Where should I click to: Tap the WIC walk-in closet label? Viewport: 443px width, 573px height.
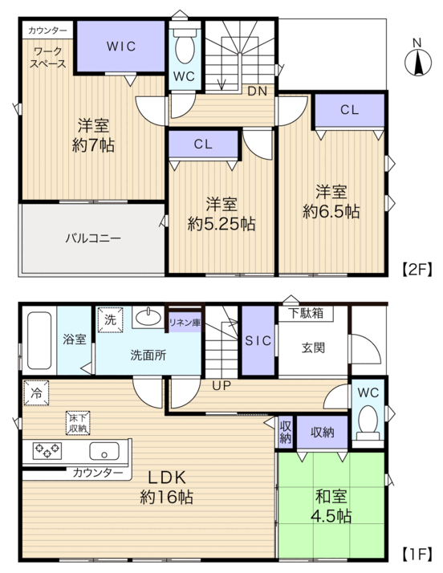point(121,47)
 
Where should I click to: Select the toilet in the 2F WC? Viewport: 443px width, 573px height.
point(185,46)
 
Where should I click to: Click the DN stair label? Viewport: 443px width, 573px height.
point(258,91)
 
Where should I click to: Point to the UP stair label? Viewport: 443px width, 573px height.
point(221,385)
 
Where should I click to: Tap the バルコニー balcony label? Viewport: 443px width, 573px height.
point(93,238)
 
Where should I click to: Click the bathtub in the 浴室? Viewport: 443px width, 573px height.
point(39,340)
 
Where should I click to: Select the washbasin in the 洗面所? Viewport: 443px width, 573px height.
point(148,318)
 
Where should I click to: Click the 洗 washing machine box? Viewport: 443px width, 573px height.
point(110,319)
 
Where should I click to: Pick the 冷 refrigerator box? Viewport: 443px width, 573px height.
point(36,393)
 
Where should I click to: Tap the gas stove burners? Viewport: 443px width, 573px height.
point(47,450)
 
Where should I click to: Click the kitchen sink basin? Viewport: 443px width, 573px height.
point(104,451)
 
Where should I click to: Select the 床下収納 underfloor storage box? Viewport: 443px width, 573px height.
point(78,423)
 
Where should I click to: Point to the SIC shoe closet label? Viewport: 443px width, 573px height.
point(258,341)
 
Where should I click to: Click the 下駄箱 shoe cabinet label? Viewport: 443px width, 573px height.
point(306,313)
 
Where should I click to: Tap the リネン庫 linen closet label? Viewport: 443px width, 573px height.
point(185,323)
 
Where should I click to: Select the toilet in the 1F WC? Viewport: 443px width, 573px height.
point(368,423)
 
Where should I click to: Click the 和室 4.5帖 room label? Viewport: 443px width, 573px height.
point(331,506)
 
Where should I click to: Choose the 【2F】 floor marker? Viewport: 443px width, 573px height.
point(417,270)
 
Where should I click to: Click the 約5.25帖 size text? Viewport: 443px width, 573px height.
point(221,224)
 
